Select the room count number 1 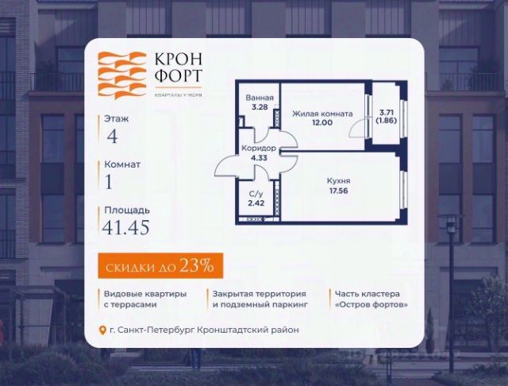click(109, 182)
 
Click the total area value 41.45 click(126, 228)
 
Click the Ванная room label click(259, 98)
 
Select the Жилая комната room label click(322, 114)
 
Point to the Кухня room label click(339, 181)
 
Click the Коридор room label click(259, 149)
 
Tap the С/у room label click(255, 195)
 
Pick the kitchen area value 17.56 click(339, 191)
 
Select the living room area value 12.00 click(322, 124)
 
